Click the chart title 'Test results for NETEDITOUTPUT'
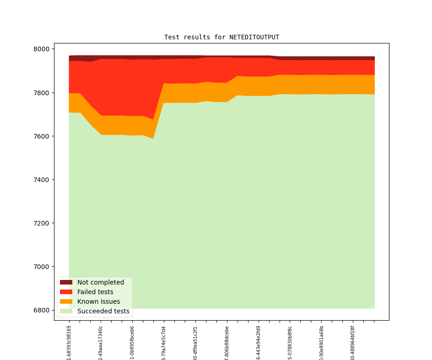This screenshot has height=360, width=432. [x=221, y=38]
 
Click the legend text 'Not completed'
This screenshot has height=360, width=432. [x=101, y=282]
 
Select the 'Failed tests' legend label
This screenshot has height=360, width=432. [x=95, y=292]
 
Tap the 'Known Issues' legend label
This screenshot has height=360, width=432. [x=98, y=301]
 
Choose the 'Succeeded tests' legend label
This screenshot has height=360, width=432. [x=103, y=311]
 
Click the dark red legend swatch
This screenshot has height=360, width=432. [x=66, y=282]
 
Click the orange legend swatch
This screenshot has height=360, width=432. [x=66, y=301]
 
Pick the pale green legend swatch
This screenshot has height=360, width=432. [x=66, y=311]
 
